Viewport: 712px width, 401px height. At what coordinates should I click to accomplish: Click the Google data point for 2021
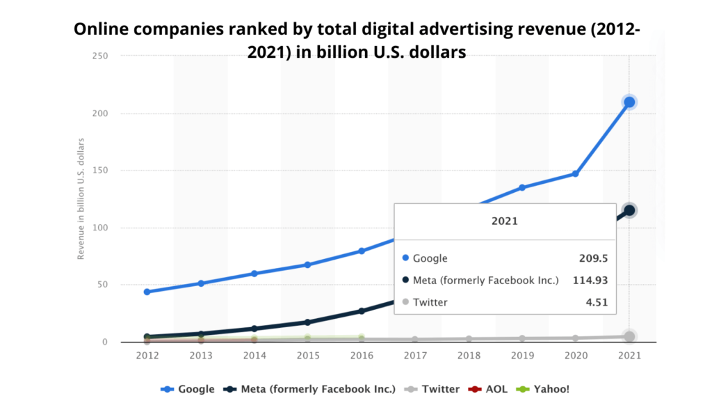point(629,102)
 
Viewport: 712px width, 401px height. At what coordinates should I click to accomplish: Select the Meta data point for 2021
point(629,210)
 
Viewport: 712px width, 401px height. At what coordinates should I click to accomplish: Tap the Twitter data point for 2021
point(629,337)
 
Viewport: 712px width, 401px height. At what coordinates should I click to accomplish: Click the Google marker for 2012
point(147,292)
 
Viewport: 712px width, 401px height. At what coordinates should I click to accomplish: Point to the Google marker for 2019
point(522,188)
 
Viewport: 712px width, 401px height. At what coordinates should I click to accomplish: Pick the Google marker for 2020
point(576,173)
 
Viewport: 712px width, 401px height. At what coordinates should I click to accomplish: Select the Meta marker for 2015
point(308,322)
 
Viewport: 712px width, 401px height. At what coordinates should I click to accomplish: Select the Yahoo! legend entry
point(544,389)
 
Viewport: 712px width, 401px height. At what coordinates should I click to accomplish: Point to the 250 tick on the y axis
point(99,56)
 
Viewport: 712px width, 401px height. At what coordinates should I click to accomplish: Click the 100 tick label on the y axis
point(99,228)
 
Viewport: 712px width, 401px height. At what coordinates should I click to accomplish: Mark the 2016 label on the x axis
point(362,354)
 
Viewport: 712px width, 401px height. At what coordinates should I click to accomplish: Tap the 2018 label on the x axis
point(469,354)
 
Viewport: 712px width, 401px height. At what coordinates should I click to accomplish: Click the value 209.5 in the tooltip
point(593,258)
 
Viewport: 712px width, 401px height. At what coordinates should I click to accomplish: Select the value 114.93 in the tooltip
point(590,281)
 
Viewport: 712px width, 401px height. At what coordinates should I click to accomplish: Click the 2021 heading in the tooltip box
point(505,221)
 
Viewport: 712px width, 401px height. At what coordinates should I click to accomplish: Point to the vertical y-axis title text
point(81,199)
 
